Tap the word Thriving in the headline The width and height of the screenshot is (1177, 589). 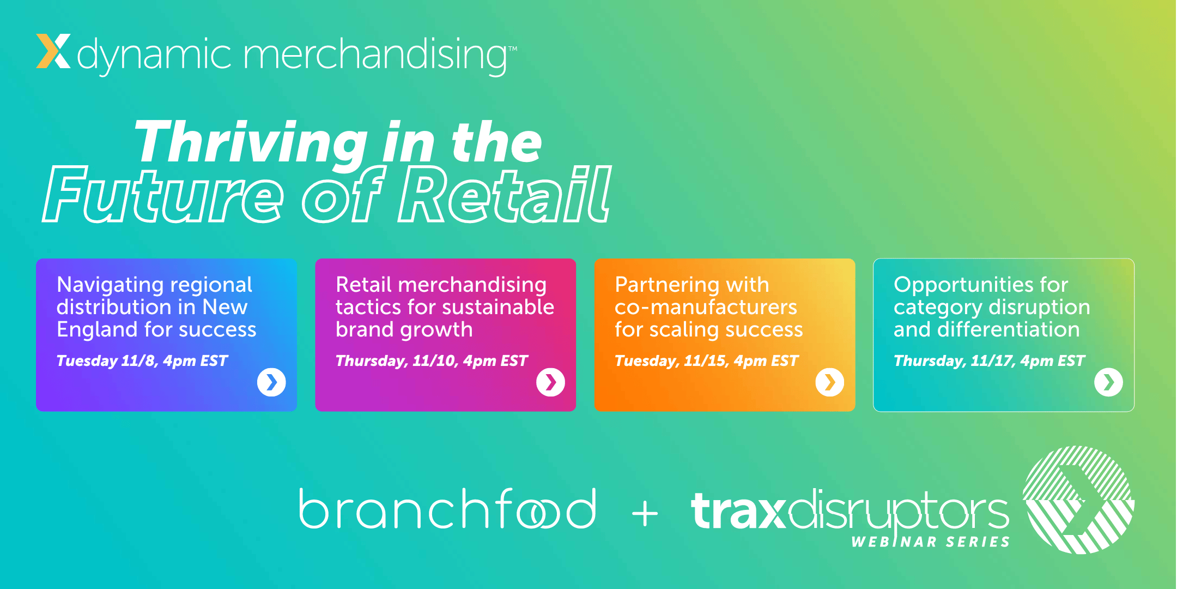click(251, 143)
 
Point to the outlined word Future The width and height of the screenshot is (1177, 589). click(163, 196)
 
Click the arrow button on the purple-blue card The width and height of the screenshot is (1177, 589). click(271, 382)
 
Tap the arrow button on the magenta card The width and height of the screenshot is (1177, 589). click(550, 382)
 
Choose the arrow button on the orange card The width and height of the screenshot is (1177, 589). click(829, 382)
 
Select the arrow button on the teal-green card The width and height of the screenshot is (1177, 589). click(1108, 382)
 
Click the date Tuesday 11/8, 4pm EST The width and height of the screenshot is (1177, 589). click(142, 361)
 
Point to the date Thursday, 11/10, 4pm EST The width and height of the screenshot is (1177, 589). click(432, 361)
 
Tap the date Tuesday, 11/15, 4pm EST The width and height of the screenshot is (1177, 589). click(706, 361)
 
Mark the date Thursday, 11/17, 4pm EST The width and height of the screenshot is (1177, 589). click(989, 361)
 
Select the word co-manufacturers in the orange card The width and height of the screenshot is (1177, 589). click(706, 308)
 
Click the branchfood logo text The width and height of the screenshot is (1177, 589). click(447, 509)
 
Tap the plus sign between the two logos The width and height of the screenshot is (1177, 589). click(645, 514)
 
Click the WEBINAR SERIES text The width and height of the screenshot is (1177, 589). click(931, 542)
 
